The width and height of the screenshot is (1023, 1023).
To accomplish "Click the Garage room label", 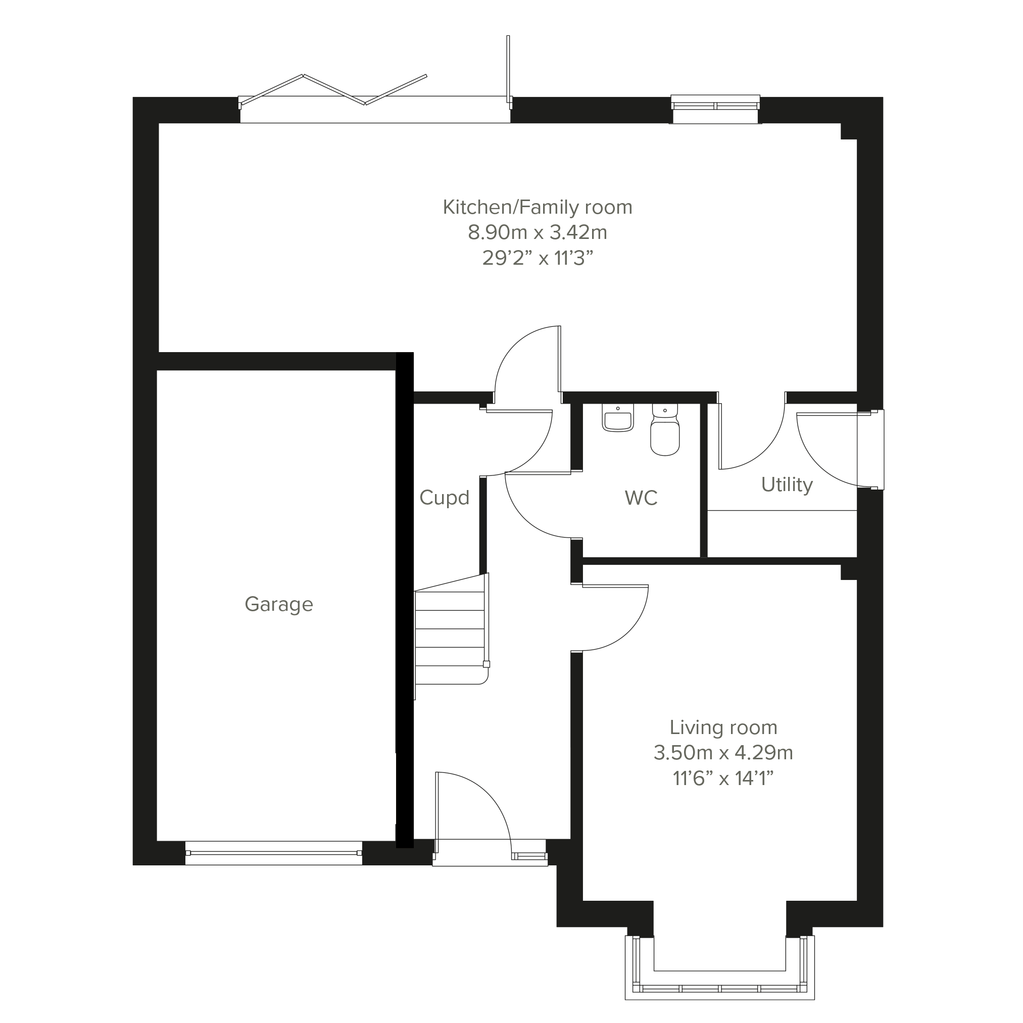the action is pos(278,605).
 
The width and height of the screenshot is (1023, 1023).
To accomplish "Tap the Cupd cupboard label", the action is pos(444,498).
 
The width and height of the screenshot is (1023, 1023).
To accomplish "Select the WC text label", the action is pos(641,498).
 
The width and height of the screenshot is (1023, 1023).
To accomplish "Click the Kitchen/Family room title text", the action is pos(538,207).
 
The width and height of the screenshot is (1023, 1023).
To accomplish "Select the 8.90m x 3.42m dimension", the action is pos(538,232).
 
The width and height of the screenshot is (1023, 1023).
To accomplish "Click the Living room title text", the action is pos(723,728).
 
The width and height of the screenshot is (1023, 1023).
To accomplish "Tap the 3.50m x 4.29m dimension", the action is pos(723,752).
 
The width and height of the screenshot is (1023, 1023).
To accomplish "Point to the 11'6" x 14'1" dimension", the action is pos(723,778).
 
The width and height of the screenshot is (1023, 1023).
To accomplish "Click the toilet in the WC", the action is pos(665,429).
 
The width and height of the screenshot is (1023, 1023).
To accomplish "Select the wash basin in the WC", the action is pos(617,418).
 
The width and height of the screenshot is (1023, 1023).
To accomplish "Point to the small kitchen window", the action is pos(715,109).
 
